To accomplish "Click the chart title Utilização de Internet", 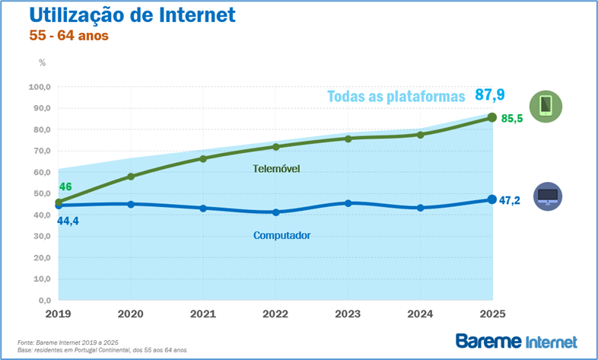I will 131,15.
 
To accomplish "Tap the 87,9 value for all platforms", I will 490,94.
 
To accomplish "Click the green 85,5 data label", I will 512,119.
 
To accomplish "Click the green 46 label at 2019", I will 65,187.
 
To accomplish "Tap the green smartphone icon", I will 546,106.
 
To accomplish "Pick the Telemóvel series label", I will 276,168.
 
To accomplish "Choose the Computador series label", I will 282,235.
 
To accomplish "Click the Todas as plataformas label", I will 395,97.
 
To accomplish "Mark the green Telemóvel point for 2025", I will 491,117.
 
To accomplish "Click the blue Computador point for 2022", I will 275,212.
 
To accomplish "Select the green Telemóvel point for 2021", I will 203,158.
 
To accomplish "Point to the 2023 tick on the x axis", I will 348,313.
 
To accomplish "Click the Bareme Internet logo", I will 516,341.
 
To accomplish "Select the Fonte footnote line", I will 68,342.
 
